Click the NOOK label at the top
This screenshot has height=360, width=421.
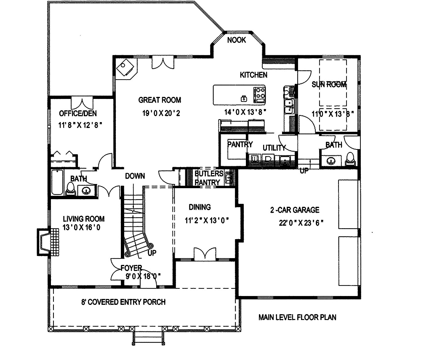click(237, 40)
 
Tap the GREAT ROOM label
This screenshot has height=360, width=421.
click(160, 100)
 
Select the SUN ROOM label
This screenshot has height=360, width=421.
click(329, 85)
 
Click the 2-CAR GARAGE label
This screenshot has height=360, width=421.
click(295, 210)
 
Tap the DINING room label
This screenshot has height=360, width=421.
click(200, 207)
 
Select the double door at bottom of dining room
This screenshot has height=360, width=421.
click(205, 254)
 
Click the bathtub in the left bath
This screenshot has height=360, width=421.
click(58, 182)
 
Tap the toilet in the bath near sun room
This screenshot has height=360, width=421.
click(350, 158)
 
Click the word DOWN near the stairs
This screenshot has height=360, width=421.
click(135, 176)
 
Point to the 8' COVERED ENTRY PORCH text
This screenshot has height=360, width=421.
click(123, 302)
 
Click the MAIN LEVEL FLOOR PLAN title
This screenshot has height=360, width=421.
click(297, 317)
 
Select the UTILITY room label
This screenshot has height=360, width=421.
click(274, 148)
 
